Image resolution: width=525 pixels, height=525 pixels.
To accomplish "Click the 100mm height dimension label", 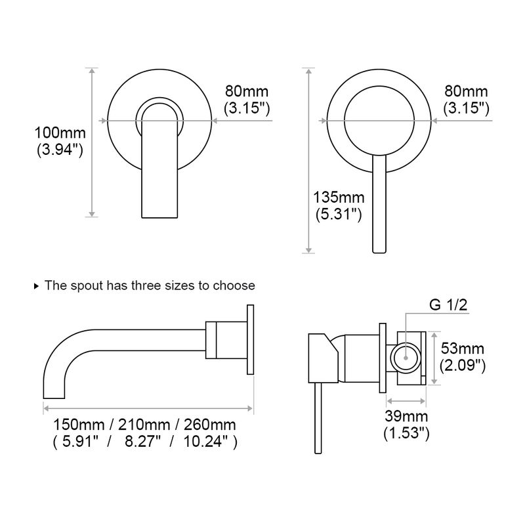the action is point(60,133).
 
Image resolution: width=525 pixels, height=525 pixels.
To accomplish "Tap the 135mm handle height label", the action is point(339,198).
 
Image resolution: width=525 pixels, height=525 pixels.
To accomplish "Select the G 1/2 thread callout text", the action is point(448,304).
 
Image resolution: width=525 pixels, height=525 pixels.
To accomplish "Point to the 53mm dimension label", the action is point(463,348).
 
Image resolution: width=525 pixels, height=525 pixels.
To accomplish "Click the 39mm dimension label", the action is point(406,416).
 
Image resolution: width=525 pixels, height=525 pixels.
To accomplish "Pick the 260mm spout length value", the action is point(210,425).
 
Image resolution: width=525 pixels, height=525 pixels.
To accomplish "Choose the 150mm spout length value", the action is point(79,425).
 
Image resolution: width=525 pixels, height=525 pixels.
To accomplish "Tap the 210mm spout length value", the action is point(144,425).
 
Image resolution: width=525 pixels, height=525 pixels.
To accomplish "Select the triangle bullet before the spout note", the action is point(37,286).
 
